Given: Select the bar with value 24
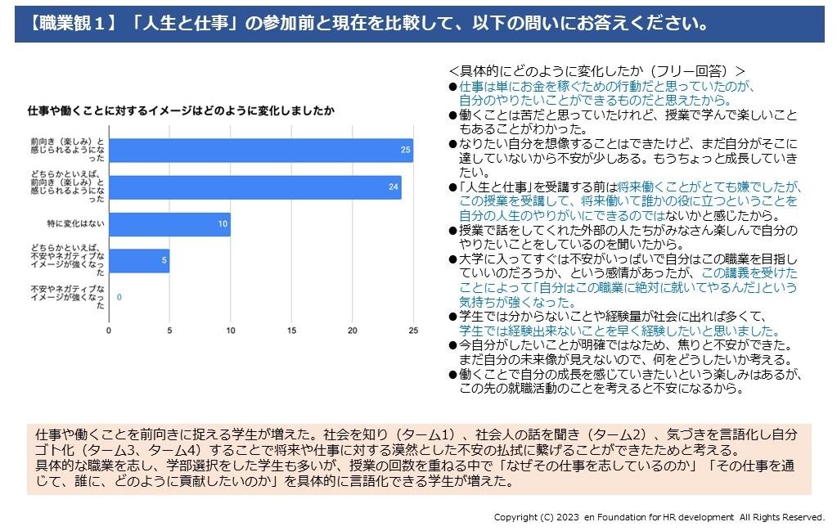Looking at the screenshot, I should (254, 187).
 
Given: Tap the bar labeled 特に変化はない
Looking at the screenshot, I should (169, 224).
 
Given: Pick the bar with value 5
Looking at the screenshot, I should (139, 261).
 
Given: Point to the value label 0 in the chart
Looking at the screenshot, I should (119, 298).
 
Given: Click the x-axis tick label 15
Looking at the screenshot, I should (291, 331).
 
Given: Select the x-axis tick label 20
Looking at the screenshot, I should (353, 331).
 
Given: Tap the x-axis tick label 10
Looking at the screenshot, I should (231, 331).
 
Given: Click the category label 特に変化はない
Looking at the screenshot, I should (75, 224).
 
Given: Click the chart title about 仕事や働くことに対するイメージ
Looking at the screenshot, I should (181, 110).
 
